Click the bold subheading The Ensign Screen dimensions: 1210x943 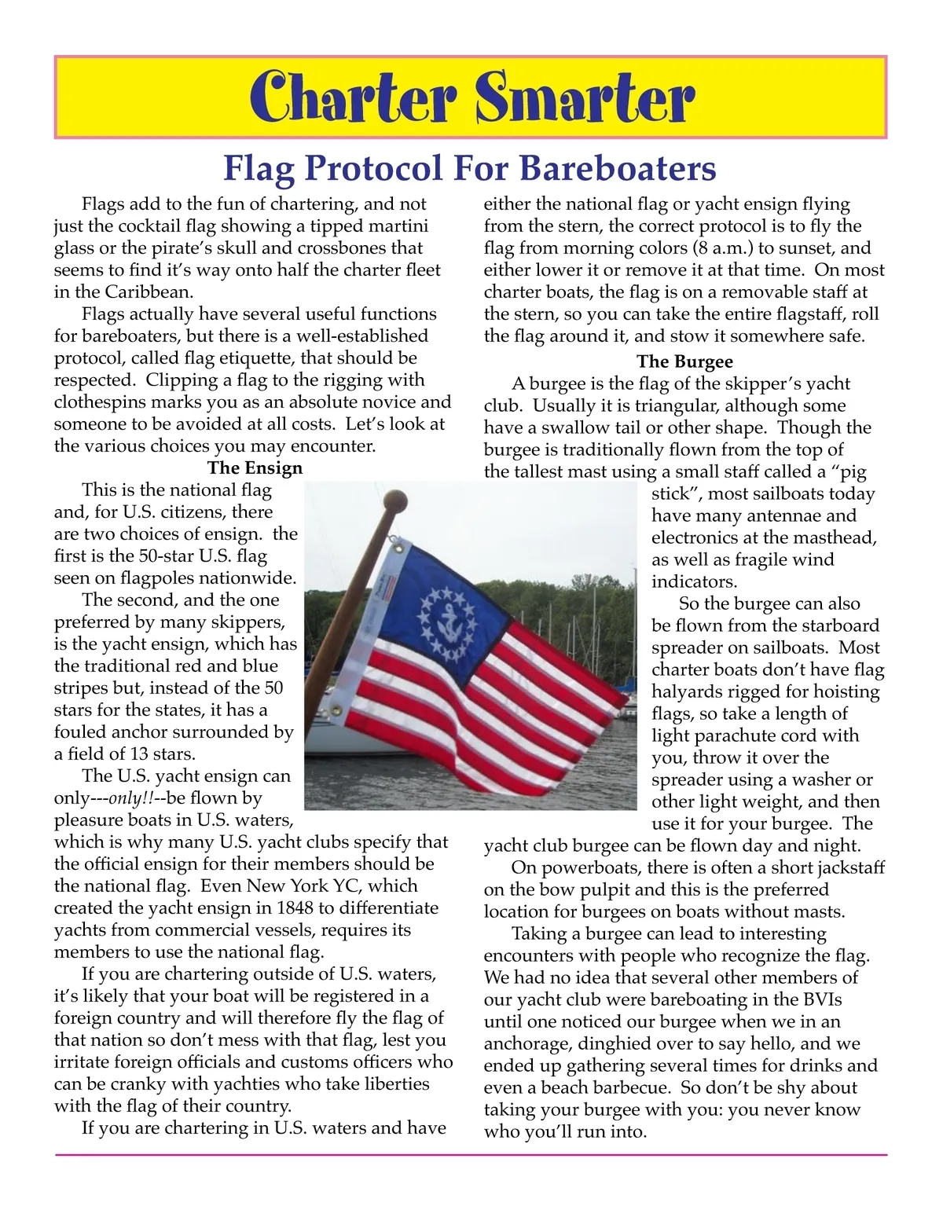[x=255, y=468]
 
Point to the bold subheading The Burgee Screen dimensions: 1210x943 [x=684, y=361]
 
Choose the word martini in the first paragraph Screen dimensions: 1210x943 [x=397, y=226]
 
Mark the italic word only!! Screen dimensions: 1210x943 [x=130, y=798]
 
